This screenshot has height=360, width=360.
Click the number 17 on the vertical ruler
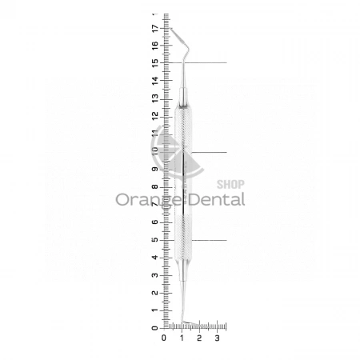click(x=154, y=28)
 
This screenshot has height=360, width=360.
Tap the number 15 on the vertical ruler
click(x=154, y=63)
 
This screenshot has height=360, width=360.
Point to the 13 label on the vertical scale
click(x=154, y=98)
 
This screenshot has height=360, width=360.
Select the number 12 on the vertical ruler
click(x=154, y=116)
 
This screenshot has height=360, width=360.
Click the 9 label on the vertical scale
click(x=154, y=170)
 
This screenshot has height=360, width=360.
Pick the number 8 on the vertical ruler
click(x=154, y=187)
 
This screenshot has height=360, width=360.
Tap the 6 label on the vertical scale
click(x=154, y=222)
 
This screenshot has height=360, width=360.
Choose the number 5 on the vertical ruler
click(x=154, y=240)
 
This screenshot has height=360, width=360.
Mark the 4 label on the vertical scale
click(x=154, y=258)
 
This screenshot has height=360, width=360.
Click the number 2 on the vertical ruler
click(x=154, y=293)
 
